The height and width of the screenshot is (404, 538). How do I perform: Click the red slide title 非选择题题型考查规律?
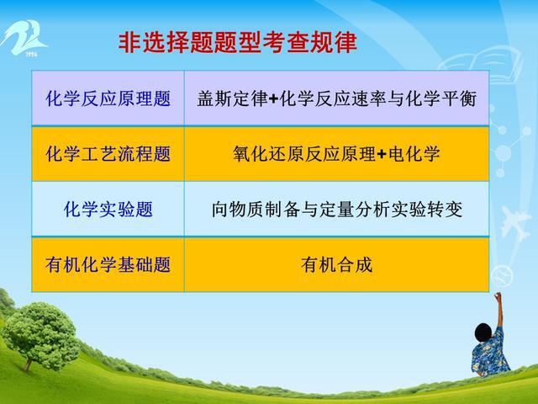coord(237,43)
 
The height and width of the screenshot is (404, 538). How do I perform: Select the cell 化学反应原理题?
coord(108,98)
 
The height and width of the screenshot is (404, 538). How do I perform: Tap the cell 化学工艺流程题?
coord(108,153)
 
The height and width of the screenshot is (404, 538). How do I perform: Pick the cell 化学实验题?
coord(108,209)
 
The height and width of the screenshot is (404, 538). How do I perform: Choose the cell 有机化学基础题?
coord(108,264)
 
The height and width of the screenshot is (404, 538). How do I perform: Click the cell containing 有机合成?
coord(336,264)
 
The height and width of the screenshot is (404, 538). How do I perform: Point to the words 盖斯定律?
coord(232,98)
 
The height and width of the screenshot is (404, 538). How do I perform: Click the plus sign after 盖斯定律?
coord(273,99)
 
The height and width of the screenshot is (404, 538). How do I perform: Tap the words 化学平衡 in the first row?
coord(440,98)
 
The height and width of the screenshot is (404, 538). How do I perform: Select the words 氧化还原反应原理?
coord(304,153)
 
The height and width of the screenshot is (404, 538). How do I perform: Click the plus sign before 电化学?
coord(382,154)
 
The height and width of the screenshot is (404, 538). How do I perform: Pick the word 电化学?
coord(414,153)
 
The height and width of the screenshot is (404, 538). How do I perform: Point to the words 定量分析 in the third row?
coord(355,210)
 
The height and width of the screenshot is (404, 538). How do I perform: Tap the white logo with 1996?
coord(24,38)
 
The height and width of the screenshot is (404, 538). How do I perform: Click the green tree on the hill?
coord(40,335)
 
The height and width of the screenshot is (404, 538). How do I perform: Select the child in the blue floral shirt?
coord(491,343)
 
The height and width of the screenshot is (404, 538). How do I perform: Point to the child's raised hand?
coord(498,295)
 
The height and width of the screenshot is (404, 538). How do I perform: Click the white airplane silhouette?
coord(514,222)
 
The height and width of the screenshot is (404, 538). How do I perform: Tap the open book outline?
coord(480,64)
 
